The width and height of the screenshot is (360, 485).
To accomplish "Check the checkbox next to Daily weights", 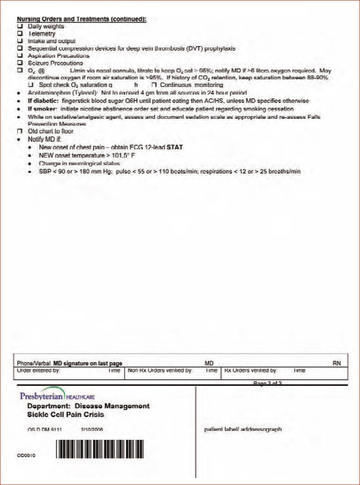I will click(x=20, y=27).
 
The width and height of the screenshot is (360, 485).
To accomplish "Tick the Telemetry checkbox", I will click(x=20, y=34).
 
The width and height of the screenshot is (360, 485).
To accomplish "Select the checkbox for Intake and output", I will click(x=20, y=41).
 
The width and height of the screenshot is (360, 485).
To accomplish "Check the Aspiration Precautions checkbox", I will click(x=20, y=56).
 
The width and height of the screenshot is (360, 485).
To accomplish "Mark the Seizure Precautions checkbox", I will click(x=20, y=63).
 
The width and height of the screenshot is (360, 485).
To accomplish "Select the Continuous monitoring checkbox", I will click(x=155, y=85).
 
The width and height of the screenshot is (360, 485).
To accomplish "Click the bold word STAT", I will click(x=174, y=147).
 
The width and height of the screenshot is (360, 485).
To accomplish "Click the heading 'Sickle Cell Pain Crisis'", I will click(x=66, y=414).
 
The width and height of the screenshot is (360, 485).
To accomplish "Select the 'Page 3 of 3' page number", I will click(x=267, y=383).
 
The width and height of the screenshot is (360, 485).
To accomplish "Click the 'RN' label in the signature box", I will click(x=336, y=364).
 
